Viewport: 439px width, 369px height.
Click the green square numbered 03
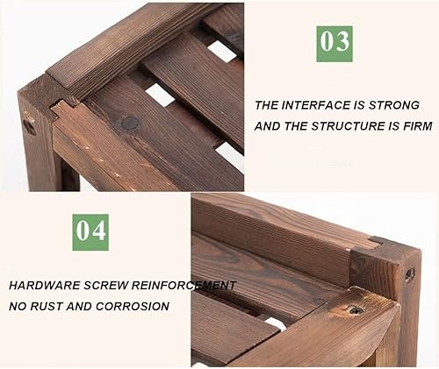(x=335, y=44)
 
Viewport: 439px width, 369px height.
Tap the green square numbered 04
(x=90, y=232)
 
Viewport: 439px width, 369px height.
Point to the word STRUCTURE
(x=348, y=126)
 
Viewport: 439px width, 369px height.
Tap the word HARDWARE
(x=44, y=286)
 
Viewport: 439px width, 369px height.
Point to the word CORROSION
(x=133, y=307)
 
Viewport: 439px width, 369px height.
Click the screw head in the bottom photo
(x=356, y=310)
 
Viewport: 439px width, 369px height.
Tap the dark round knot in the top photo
(x=130, y=124)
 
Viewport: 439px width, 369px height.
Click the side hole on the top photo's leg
(x=29, y=126)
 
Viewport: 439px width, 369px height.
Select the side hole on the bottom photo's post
(x=409, y=274)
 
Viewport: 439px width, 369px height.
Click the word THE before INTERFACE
(x=266, y=105)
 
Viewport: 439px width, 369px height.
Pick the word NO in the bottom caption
(x=18, y=307)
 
